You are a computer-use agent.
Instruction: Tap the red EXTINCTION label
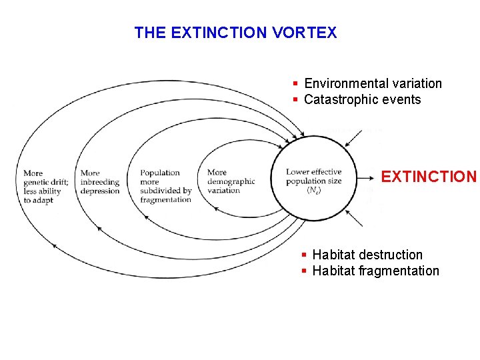tap(429, 177)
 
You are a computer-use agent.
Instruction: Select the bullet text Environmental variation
tap(373, 83)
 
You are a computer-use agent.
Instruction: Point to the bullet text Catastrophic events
tap(362, 100)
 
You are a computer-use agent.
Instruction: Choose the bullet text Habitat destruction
tap(367, 255)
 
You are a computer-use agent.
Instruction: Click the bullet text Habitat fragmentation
tap(375, 271)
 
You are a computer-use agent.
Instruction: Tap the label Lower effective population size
tap(314, 176)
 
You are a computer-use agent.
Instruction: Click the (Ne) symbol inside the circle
tap(313, 190)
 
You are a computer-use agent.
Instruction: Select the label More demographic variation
tap(231, 181)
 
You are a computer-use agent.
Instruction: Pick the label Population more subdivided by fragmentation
tap(166, 186)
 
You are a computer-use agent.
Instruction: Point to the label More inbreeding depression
tap(100, 182)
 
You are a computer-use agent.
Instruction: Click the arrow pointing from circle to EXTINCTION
tap(367, 178)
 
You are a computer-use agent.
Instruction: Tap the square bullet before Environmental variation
tap(295, 83)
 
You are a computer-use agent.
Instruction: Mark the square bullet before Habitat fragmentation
tap(304, 271)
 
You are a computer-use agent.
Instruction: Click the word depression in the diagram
tap(100, 191)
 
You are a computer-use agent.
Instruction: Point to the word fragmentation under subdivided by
tap(166, 200)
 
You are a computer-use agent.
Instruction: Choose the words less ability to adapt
tap(43, 195)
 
